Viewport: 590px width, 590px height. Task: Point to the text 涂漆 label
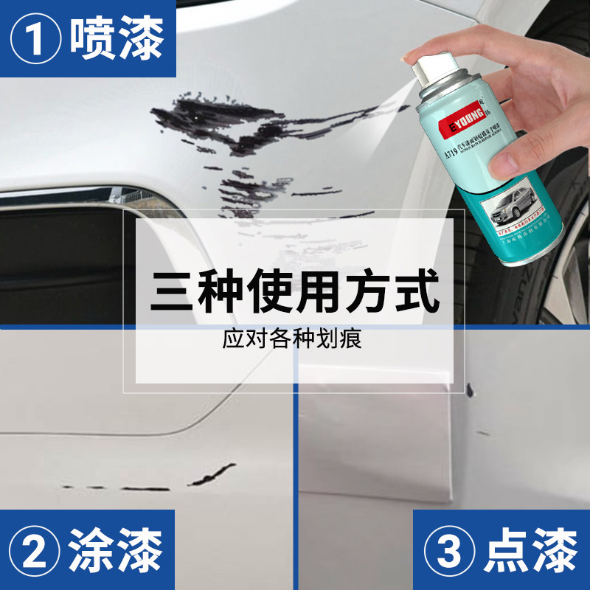[117, 552]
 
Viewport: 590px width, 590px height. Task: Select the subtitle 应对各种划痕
[295, 341]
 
